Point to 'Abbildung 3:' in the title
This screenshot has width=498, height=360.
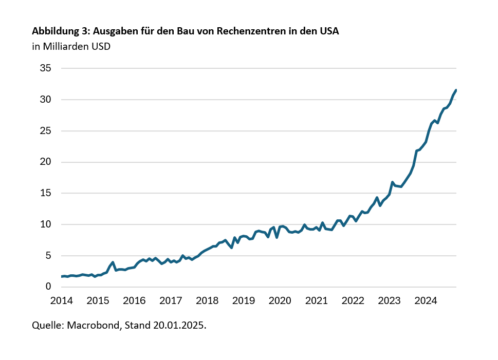click(x=61, y=31)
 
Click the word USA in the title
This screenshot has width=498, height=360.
click(x=329, y=31)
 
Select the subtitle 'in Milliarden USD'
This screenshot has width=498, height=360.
click(x=71, y=47)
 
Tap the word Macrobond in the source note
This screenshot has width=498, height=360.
click(x=93, y=326)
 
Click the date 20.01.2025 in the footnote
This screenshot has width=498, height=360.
click(x=179, y=326)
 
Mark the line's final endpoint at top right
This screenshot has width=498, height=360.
click(x=456, y=90)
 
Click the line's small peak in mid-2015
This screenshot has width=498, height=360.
click(x=113, y=262)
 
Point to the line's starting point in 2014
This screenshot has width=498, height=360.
click(x=61, y=276)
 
